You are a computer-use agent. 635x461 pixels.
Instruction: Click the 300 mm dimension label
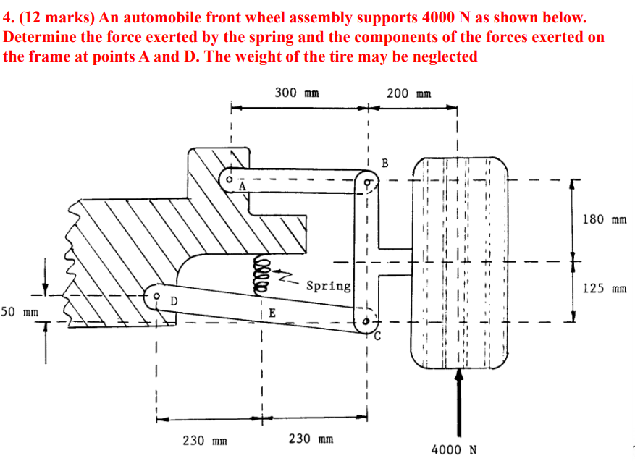[297, 93]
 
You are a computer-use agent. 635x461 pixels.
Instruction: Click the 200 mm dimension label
[409, 93]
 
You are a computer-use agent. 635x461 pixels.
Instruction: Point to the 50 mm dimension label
[20, 312]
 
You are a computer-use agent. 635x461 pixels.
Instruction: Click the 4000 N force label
[453, 449]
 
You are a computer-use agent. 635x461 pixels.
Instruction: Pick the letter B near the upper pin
[384, 162]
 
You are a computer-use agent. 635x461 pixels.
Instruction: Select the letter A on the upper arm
[243, 187]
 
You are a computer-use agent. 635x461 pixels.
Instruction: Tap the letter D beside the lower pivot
[174, 300]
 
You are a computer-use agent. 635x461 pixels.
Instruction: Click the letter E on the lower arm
[272, 313]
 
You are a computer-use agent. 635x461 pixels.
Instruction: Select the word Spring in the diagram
[328, 286]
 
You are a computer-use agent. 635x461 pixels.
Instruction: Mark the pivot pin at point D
[157, 296]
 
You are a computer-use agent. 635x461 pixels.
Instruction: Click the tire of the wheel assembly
[459, 264]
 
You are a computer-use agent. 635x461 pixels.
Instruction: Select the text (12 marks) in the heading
[49, 17]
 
